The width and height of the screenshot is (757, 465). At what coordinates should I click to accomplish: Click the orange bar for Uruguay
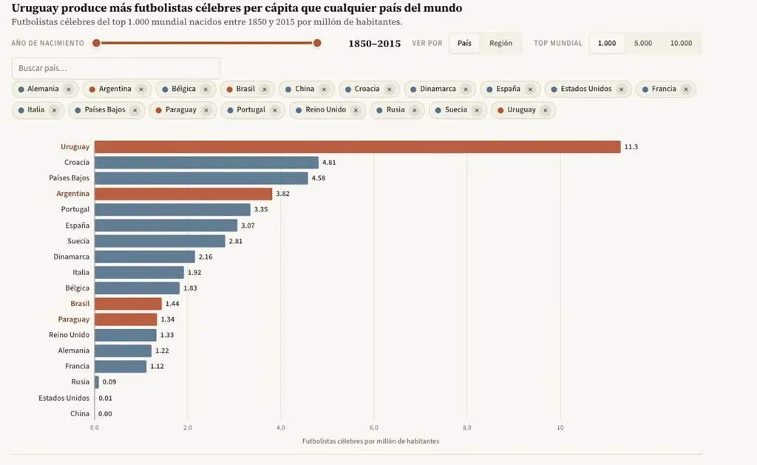coord(357,147)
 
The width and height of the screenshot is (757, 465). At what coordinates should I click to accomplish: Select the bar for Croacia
coord(206,162)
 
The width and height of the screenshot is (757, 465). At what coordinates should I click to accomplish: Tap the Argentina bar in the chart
coord(183,194)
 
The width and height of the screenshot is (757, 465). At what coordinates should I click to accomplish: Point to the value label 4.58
coord(318,178)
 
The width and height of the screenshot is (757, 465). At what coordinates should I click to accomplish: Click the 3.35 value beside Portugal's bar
coord(261,209)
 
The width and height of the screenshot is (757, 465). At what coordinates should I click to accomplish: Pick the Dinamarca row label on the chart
coord(72,257)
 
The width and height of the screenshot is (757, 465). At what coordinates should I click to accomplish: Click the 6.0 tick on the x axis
coord(373,428)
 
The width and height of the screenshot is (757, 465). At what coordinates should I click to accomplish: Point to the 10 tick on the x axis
coord(560,428)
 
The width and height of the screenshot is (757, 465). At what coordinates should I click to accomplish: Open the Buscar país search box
coord(116,68)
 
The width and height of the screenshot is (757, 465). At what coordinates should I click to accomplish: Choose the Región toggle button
coord(500,43)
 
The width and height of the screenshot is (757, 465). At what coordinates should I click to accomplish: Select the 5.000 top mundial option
coord(642,43)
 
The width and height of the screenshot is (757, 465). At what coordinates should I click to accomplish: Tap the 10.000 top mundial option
coord(681,43)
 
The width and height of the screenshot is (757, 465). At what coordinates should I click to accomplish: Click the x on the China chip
coord(324,89)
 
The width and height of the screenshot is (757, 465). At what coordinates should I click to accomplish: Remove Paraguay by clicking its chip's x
coord(206,110)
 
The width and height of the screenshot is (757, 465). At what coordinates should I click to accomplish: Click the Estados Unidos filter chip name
coord(586,89)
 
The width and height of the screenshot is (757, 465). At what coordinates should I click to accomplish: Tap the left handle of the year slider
coord(97,43)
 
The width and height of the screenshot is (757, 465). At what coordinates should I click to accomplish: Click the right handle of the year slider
coord(317,43)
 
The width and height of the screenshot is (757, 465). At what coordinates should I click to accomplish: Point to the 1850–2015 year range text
coord(375,44)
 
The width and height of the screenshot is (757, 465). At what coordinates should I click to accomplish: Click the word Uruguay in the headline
coord(33,8)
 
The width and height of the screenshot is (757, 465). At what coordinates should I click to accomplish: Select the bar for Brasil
coord(128,304)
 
